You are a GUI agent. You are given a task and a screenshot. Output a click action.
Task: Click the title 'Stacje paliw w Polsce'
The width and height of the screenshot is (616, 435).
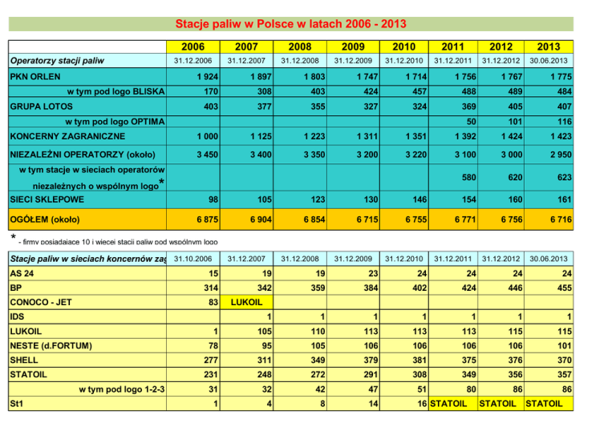[307, 24]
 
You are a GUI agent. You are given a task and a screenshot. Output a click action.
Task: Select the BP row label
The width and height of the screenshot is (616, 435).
[15, 287]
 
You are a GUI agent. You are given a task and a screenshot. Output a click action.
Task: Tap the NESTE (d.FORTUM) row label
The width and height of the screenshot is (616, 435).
[51, 345]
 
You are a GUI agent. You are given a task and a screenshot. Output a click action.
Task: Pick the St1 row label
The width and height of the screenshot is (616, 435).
[16, 405]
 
